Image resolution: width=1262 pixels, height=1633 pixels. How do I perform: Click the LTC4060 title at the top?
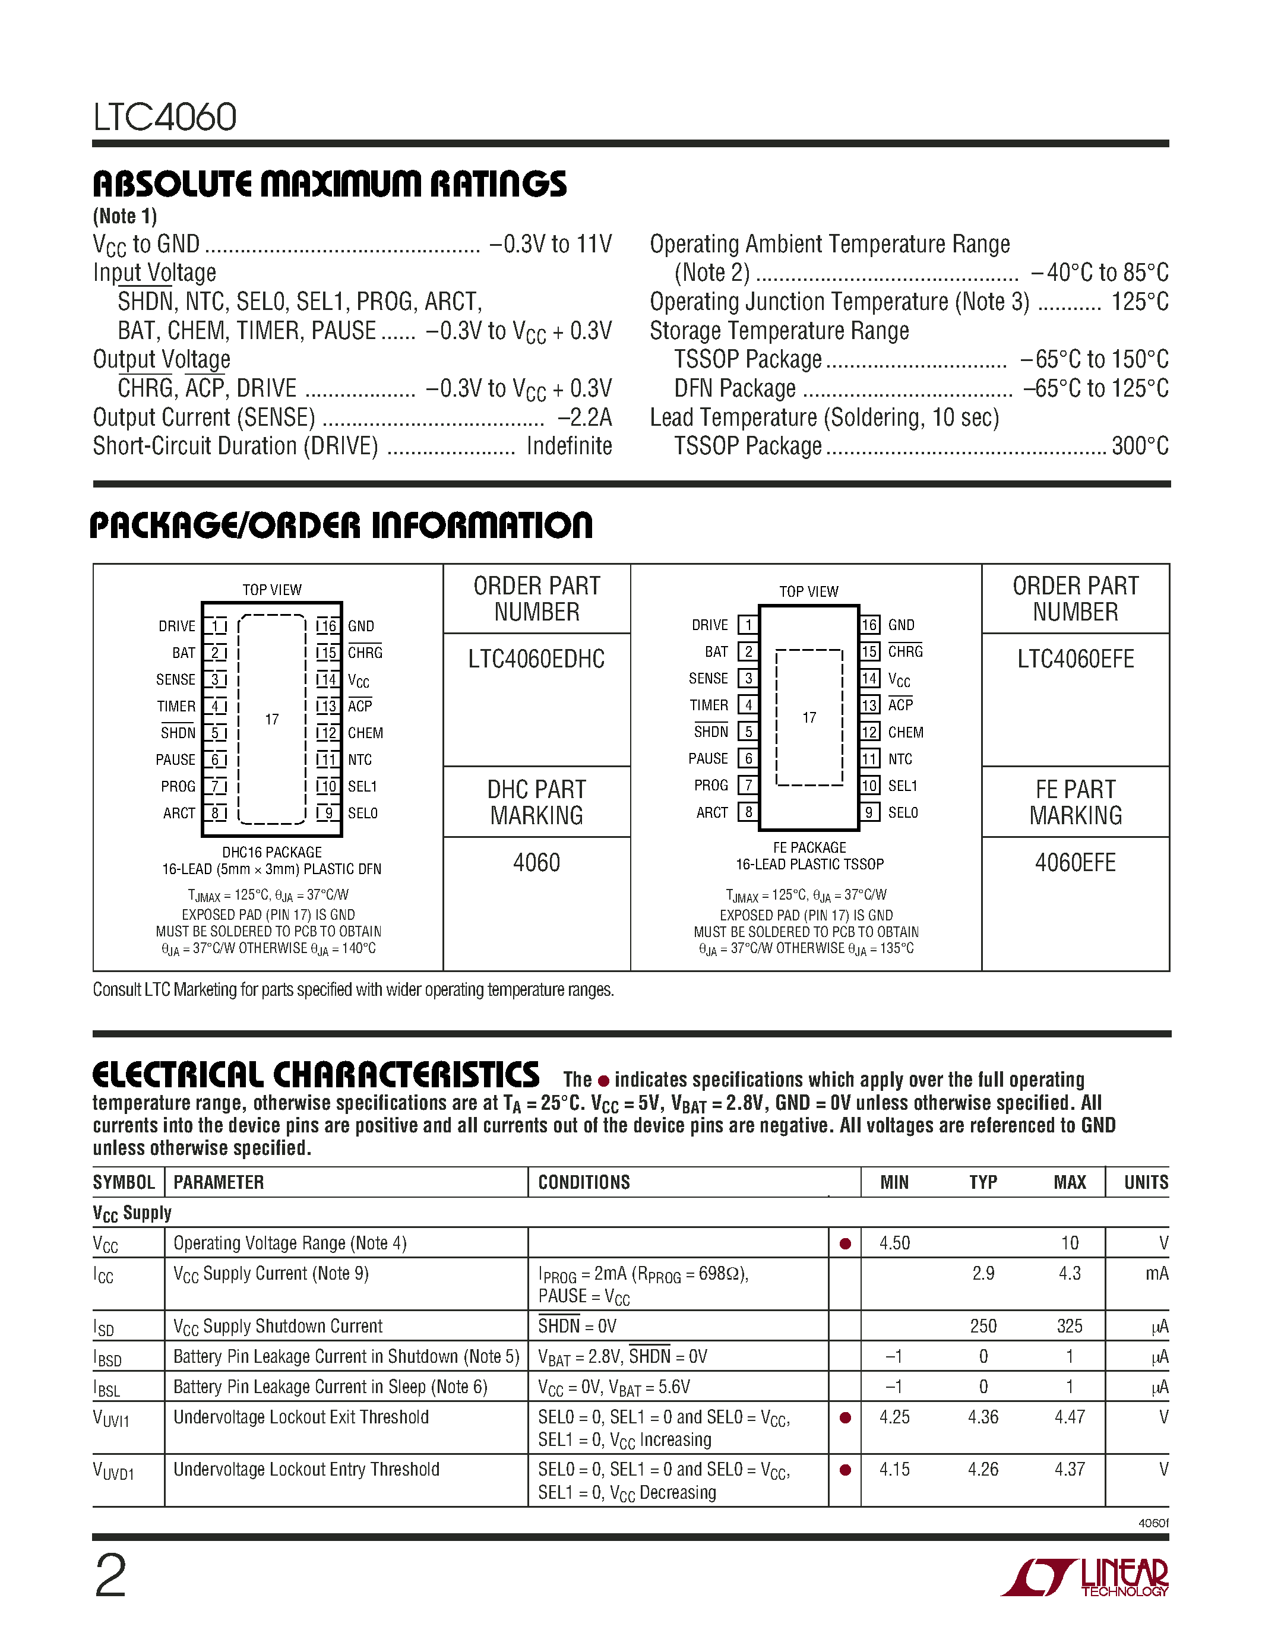point(165,118)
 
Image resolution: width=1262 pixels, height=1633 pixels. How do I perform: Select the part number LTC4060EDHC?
point(536,659)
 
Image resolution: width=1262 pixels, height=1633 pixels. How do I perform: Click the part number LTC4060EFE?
point(1075,659)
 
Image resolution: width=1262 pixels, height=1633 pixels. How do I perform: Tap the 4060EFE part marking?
point(1075,863)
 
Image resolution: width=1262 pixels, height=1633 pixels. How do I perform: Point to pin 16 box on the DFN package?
point(327,626)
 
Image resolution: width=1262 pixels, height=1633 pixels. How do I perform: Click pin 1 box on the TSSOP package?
point(748,624)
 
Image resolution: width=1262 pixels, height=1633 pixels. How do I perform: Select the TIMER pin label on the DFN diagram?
point(176,706)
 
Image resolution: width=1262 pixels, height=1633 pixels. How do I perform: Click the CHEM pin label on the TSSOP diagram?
point(906,732)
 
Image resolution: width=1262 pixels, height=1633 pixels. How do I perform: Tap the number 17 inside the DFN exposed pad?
point(272,719)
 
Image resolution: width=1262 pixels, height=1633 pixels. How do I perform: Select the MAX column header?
point(1069,1182)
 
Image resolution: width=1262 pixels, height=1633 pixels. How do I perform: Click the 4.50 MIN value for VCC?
point(894,1243)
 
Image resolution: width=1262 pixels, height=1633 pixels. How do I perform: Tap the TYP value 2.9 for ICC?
point(982,1273)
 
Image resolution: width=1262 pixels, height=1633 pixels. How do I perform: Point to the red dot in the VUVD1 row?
point(845,1469)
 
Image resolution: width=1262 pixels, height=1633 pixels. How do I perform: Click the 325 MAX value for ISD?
point(1069,1325)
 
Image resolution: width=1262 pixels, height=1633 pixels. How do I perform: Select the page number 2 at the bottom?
point(110,1576)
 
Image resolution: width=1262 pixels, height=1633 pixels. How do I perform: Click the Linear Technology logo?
point(1086,1577)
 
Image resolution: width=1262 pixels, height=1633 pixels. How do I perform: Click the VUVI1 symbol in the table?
point(112,1419)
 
